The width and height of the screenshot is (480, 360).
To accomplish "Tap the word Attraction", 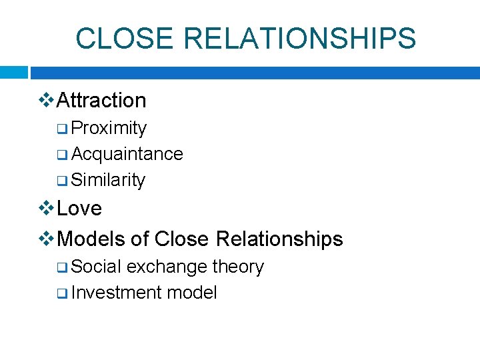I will click(x=102, y=100).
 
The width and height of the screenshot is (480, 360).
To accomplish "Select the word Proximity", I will click(x=109, y=127).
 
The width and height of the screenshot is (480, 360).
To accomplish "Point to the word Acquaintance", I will click(x=127, y=154).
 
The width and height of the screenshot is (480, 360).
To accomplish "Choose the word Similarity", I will click(x=108, y=180).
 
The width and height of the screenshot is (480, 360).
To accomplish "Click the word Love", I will click(x=79, y=208).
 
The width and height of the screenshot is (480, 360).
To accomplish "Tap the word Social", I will click(x=96, y=267).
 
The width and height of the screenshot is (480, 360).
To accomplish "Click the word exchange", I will click(x=167, y=267).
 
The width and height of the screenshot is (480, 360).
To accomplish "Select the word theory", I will click(x=238, y=267).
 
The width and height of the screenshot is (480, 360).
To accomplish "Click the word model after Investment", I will click(x=192, y=293).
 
